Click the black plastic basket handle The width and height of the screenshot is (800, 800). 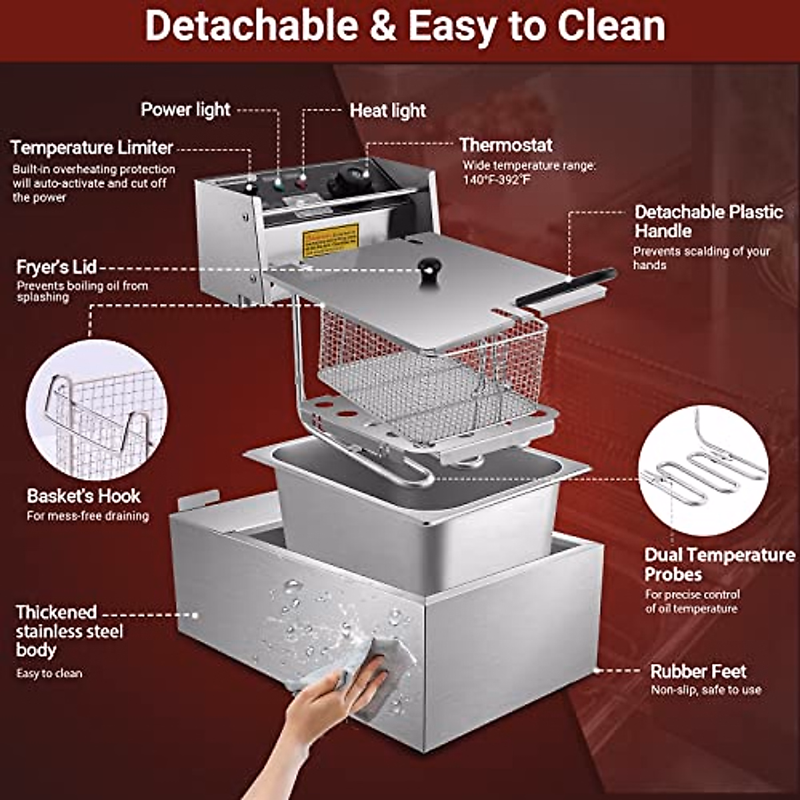[x=567, y=287]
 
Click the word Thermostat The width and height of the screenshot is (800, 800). [x=506, y=145]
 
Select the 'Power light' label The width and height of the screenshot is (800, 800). [x=185, y=110]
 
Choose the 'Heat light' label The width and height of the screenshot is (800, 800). [x=388, y=111]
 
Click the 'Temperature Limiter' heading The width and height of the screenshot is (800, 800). [x=92, y=147]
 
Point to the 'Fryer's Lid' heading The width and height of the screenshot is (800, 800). [x=57, y=267]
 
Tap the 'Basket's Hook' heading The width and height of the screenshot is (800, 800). [x=84, y=496]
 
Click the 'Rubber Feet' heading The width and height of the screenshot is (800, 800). [x=698, y=671]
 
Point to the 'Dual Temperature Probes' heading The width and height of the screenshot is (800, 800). [x=719, y=564]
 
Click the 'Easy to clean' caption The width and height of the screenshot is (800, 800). [x=49, y=673]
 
